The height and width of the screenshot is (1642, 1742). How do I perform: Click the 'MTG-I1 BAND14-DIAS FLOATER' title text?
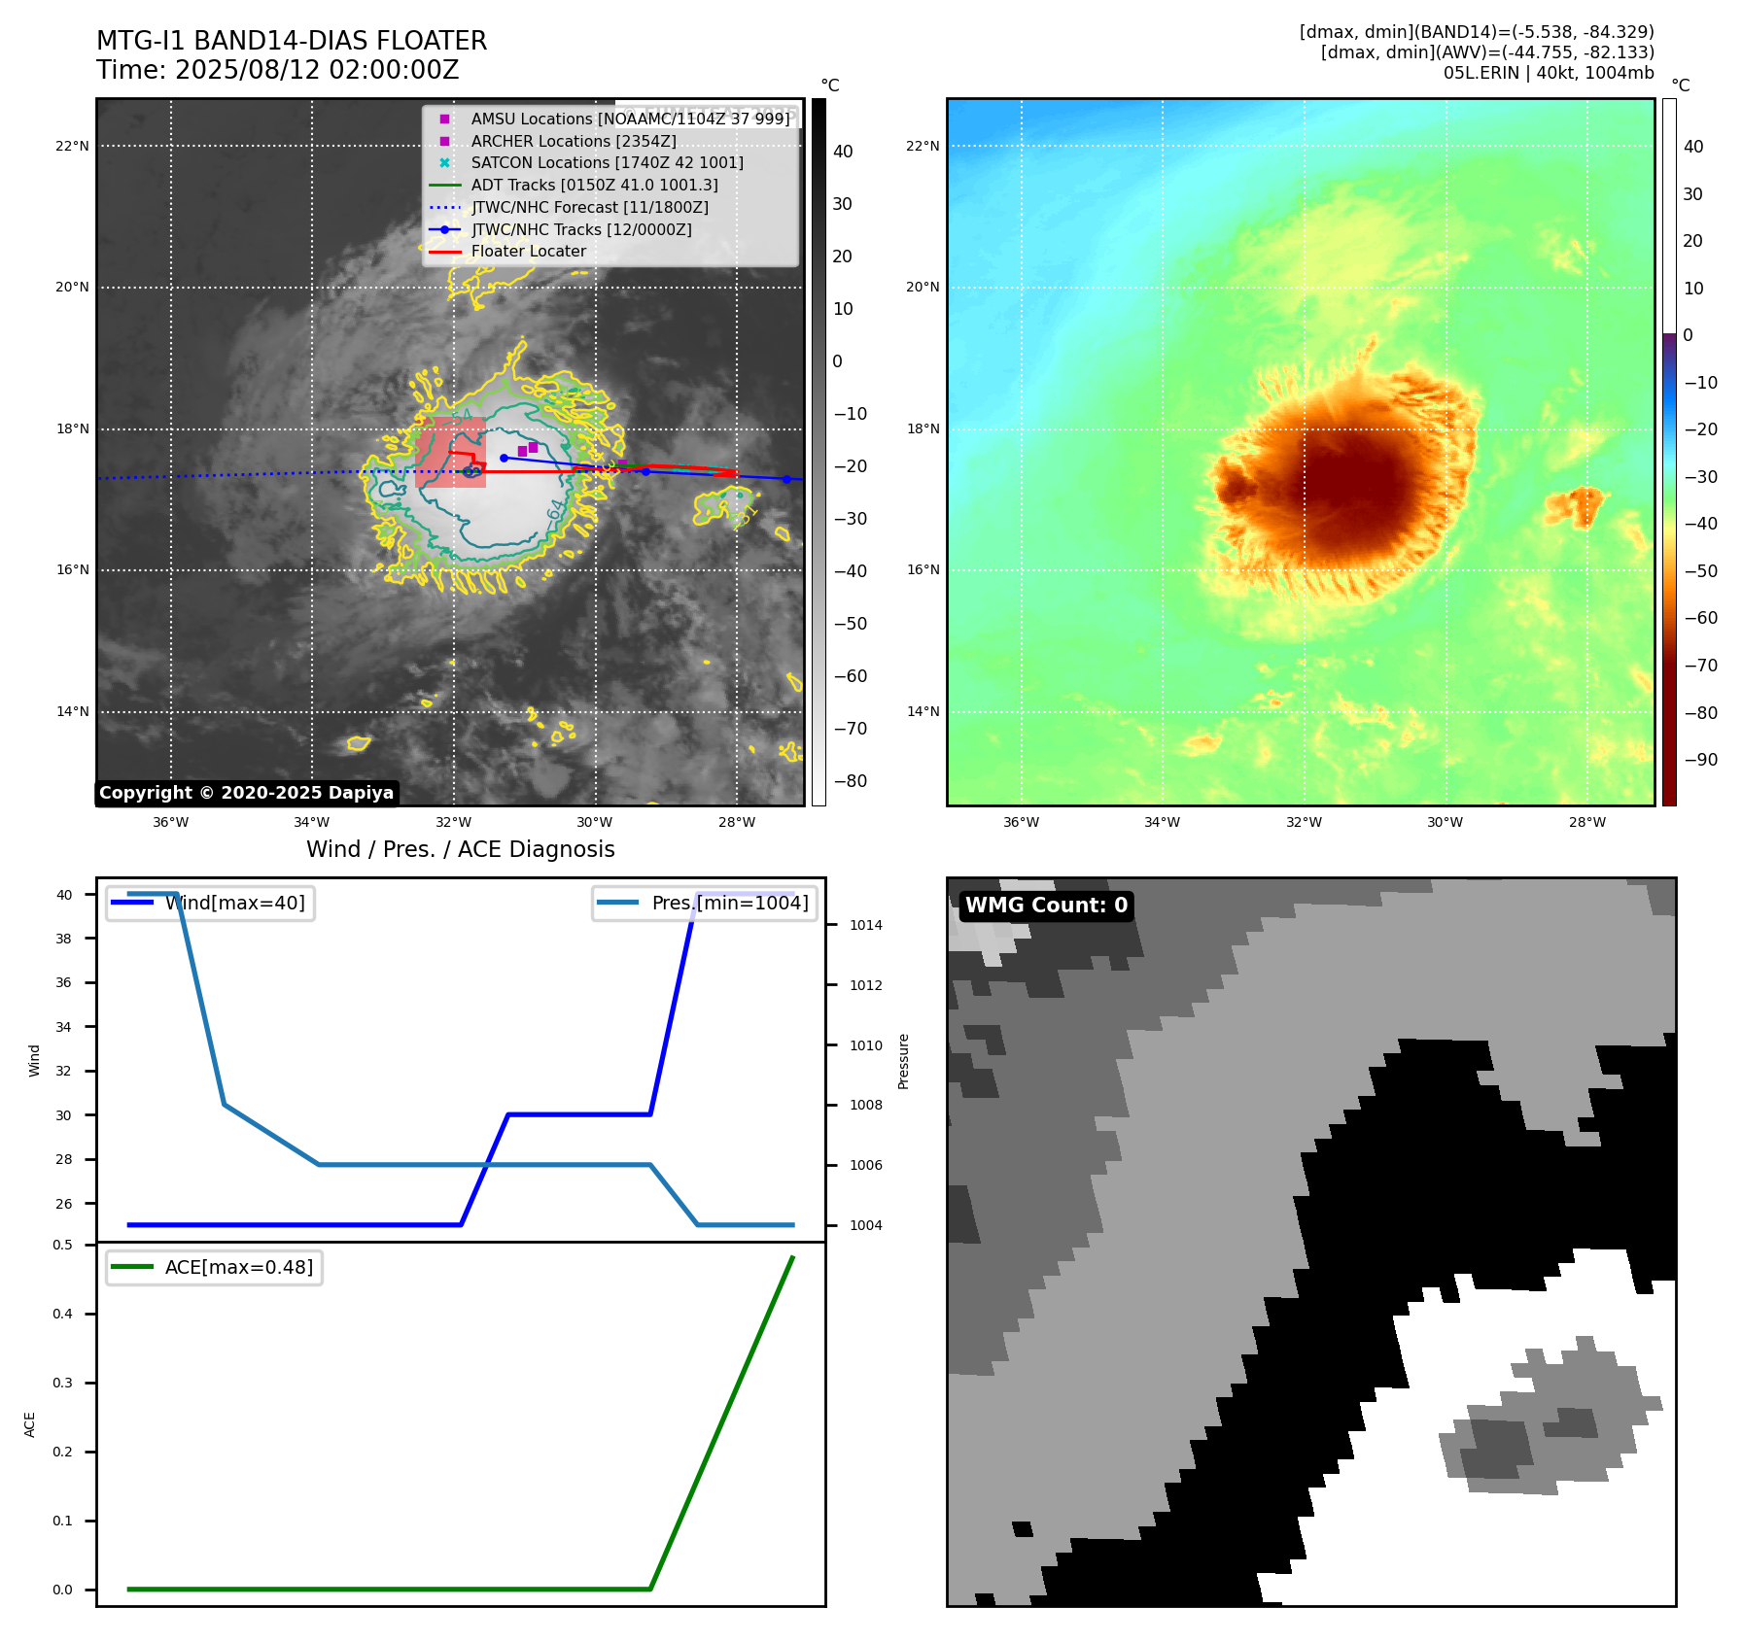click(x=292, y=41)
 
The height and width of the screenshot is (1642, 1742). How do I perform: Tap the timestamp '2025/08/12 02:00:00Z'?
click(x=317, y=71)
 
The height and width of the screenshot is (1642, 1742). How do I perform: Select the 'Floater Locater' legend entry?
click(x=528, y=252)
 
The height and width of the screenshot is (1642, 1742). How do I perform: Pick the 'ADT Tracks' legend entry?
click(x=594, y=185)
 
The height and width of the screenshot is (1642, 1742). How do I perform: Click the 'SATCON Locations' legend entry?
click(x=607, y=163)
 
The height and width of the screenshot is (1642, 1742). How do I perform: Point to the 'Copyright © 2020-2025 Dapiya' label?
click(x=246, y=793)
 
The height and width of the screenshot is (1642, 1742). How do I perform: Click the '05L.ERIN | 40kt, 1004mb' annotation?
click(x=1548, y=73)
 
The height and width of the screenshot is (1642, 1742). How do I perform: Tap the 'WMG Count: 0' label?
click(x=1046, y=906)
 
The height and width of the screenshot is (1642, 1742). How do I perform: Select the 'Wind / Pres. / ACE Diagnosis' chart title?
click(x=460, y=849)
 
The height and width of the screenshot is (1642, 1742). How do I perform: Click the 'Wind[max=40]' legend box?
click(x=210, y=903)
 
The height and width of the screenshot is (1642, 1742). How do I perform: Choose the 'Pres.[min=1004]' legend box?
click(x=705, y=903)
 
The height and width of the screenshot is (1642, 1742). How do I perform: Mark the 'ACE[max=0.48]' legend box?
click(x=214, y=1268)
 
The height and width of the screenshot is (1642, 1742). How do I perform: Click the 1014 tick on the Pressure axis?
click(x=865, y=925)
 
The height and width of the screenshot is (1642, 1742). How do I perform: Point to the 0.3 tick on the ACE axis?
click(x=63, y=1383)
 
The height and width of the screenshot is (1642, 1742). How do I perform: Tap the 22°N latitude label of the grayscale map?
click(x=73, y=147)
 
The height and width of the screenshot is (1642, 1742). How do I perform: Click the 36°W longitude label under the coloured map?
click(x=1021, y=822)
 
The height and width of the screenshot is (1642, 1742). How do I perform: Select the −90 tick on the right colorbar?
click(x=1700, y=760)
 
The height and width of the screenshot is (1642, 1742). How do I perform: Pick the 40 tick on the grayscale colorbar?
click(x=843, y=152)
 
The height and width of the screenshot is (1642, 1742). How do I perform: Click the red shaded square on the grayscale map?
click(x=450, y=453)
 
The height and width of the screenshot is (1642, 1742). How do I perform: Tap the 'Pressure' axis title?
click(x=904, y=1061)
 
